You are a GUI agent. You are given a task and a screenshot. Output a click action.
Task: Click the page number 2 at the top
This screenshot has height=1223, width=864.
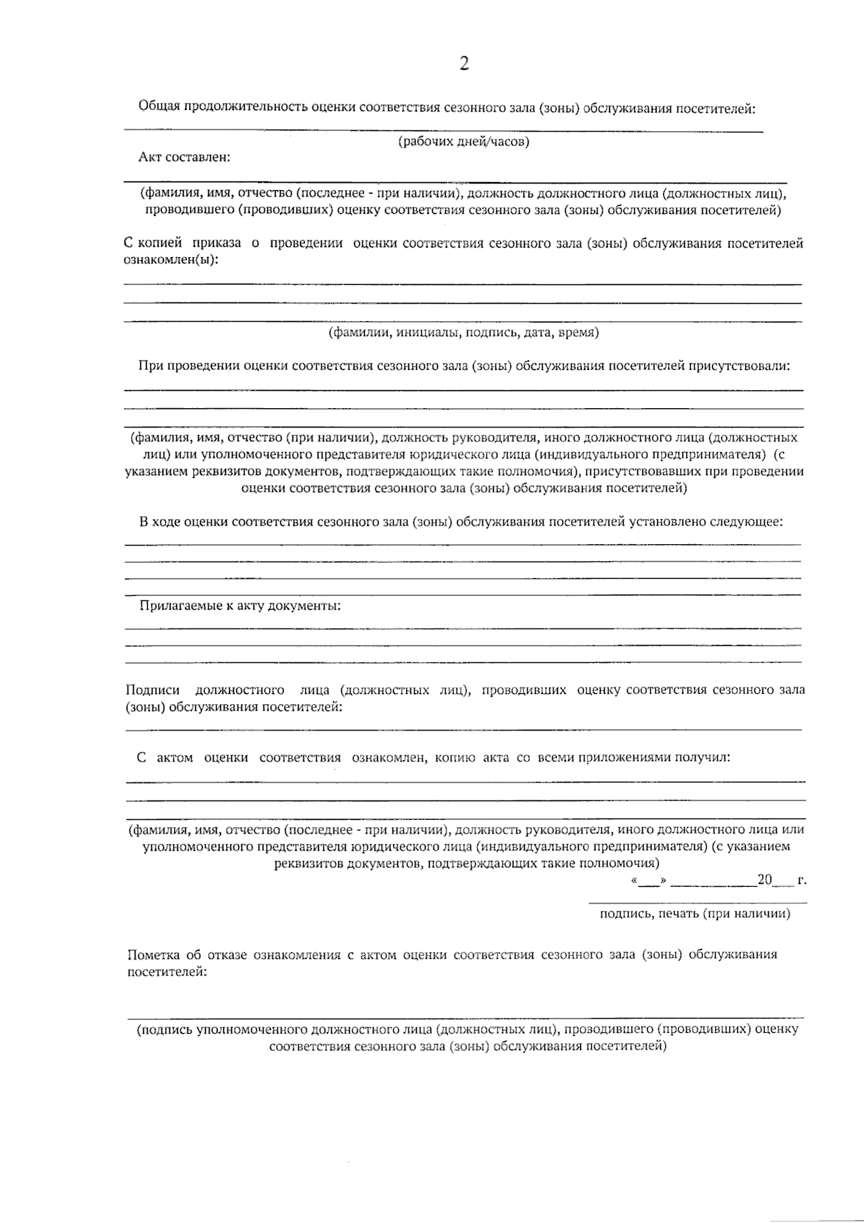coord(464,65)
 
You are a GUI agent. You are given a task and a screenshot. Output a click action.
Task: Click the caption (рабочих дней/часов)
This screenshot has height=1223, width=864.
coord(464,143)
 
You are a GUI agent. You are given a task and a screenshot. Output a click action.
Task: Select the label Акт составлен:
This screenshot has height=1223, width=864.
coord(184,157)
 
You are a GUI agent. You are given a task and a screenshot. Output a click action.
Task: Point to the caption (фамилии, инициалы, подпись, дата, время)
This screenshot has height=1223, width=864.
coord(464,333)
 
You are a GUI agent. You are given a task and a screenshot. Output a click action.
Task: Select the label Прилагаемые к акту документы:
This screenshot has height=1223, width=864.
coord(240,606)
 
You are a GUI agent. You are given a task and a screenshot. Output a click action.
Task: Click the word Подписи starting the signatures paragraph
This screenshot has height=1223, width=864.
coord(153,690)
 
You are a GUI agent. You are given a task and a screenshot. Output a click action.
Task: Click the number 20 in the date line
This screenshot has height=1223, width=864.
coord(764,880)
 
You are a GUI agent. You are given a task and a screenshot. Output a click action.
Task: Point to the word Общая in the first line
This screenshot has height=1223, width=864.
coord(157,108)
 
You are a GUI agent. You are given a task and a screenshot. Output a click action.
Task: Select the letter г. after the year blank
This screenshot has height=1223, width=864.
coord(801,880)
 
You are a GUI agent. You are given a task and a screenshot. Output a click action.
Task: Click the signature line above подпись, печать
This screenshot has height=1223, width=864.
coord(697,903)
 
